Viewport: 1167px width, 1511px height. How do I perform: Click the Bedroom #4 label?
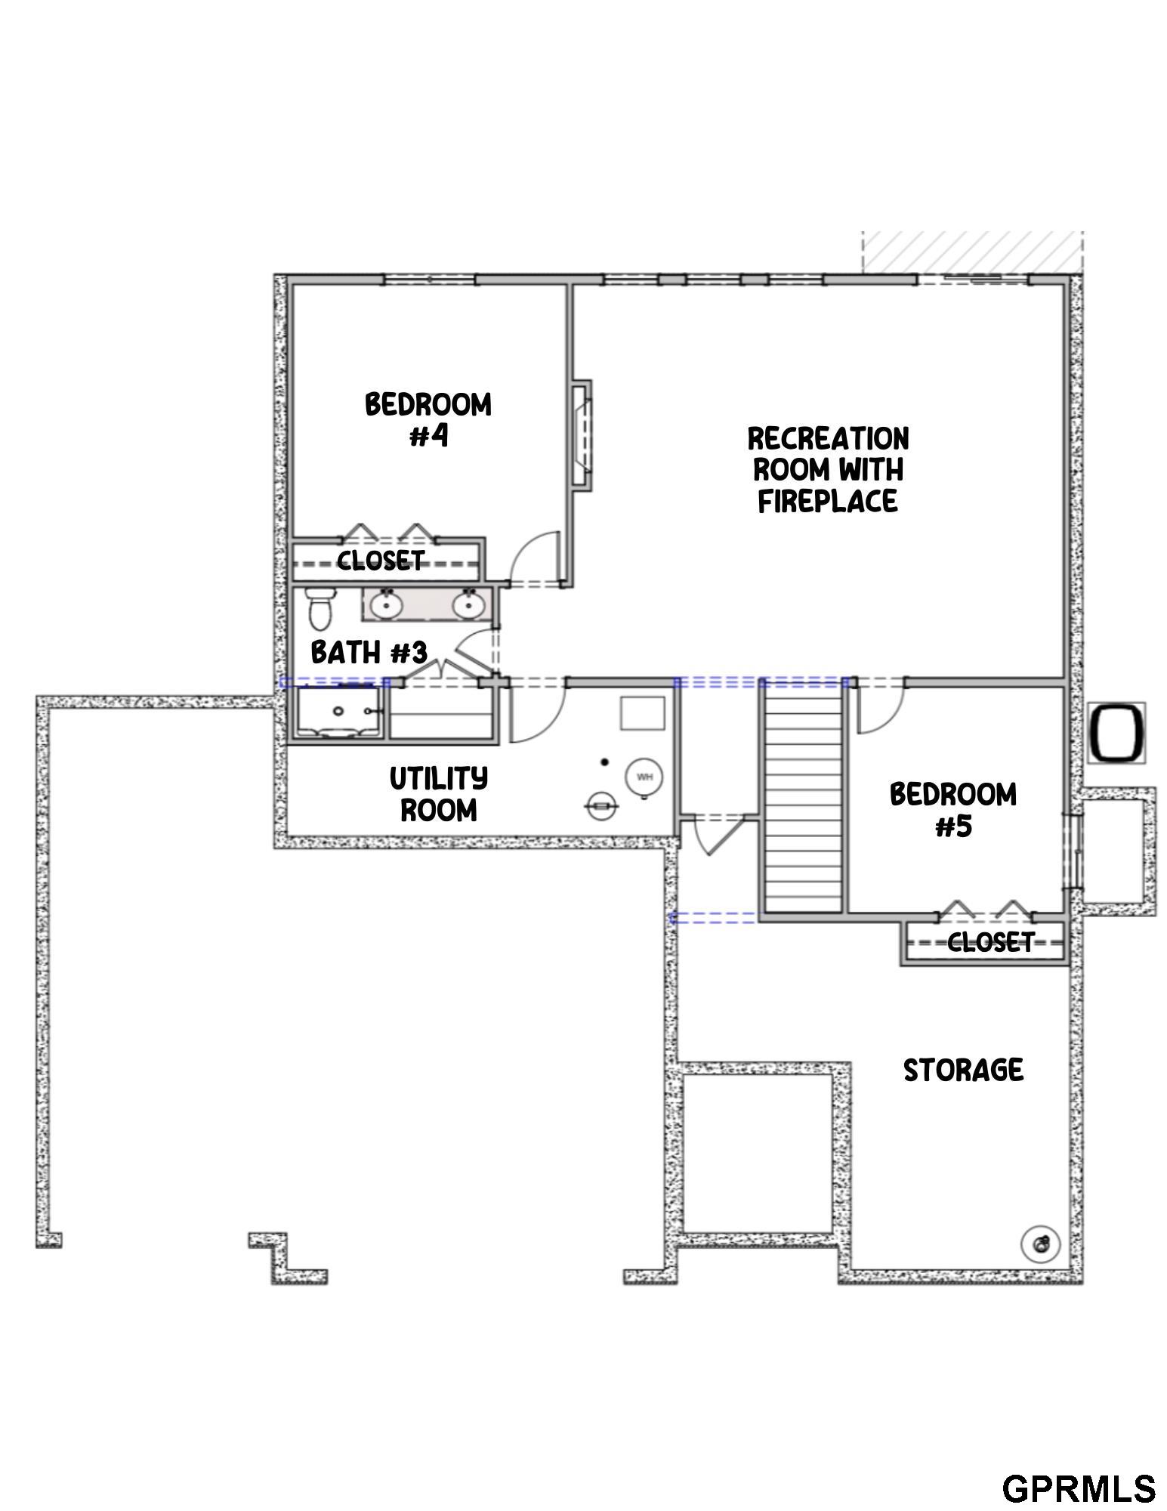tap(428, 419)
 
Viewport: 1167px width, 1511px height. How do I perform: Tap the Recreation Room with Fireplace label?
tap(828, 469)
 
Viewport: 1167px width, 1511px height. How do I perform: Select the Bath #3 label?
tap(369, 652)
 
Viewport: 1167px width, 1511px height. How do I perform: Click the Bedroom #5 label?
tap(953, 810)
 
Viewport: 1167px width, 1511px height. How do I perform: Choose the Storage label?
tap(963, 1070)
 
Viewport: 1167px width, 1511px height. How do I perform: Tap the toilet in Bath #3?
tap(320, 608)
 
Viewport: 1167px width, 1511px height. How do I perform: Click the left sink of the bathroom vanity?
tap(387, 604)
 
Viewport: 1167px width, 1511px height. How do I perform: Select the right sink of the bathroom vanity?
tap(468, 604)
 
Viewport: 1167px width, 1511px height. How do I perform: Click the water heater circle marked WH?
tap(644, 777)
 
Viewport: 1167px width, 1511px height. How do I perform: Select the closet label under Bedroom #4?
tap(381, 560)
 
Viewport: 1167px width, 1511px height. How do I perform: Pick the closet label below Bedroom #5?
tap(990, 941)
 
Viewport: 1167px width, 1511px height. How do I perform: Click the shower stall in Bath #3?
tap(338, 712)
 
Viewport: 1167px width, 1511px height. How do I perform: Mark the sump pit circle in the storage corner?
tap(1040, 1243)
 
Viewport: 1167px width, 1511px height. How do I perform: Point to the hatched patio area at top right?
tap(973, 252)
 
